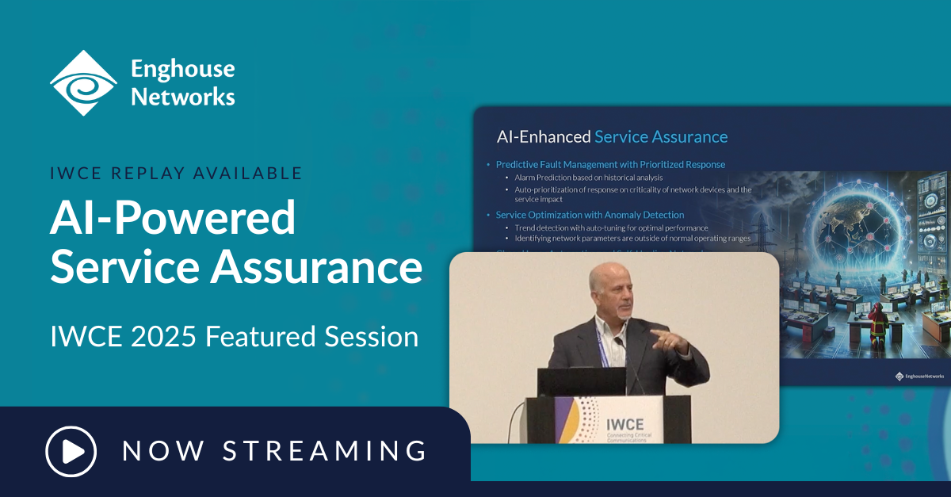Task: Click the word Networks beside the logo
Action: pos(183,97)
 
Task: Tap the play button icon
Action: pos(71,451)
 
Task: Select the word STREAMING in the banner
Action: pos(325,451)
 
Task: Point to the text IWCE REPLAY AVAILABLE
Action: pos(176,173)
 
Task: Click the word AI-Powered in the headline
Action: pos(173,218)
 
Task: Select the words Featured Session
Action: pos(311,336)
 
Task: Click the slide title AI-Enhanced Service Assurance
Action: pos(612,136)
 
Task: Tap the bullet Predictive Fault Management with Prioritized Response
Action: pos(610,164)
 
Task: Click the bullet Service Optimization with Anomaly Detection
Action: pos(590,215)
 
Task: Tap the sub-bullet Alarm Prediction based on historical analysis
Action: pos(589,178)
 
